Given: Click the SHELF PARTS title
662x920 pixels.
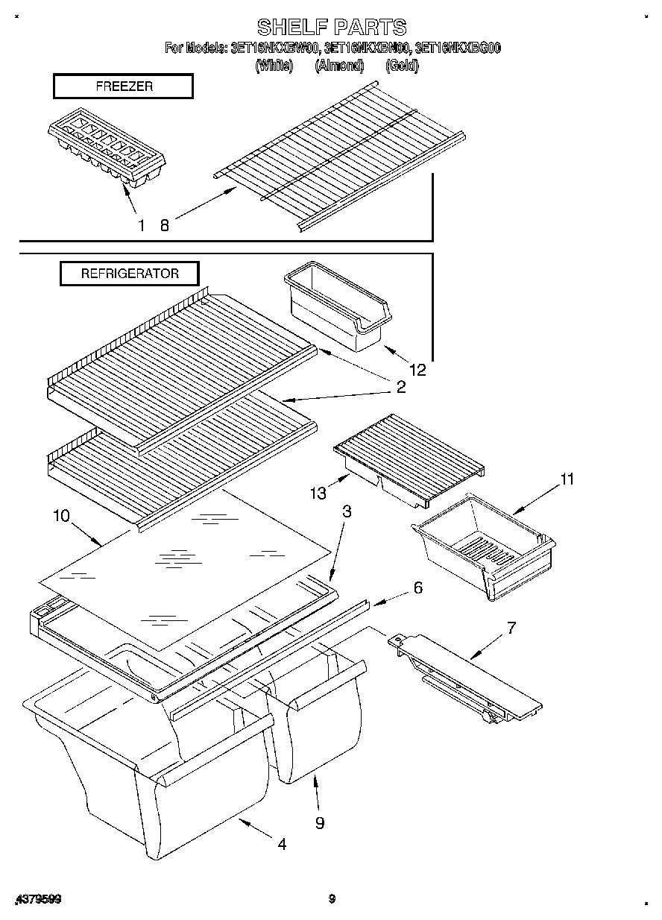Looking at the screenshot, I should (332, 28).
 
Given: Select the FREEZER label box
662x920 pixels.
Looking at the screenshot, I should (124, 86).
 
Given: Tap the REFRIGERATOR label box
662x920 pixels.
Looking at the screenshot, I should (130, 274).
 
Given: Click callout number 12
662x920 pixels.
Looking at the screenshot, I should (417, 369).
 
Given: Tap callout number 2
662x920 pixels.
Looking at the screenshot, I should (400, 387).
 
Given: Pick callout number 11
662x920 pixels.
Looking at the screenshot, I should (567, 479).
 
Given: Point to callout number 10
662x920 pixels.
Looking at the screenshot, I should (61, 515).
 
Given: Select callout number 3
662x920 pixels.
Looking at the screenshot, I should (347, 511).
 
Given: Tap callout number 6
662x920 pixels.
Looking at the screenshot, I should (417, 588).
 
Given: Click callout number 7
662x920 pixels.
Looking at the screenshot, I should (511, 628).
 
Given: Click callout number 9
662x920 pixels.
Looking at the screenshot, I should (319, 822).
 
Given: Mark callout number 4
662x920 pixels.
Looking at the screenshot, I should (282, 844).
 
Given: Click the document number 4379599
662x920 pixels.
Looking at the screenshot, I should (37, 900).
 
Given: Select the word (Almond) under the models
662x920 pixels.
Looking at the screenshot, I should (338, 66).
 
